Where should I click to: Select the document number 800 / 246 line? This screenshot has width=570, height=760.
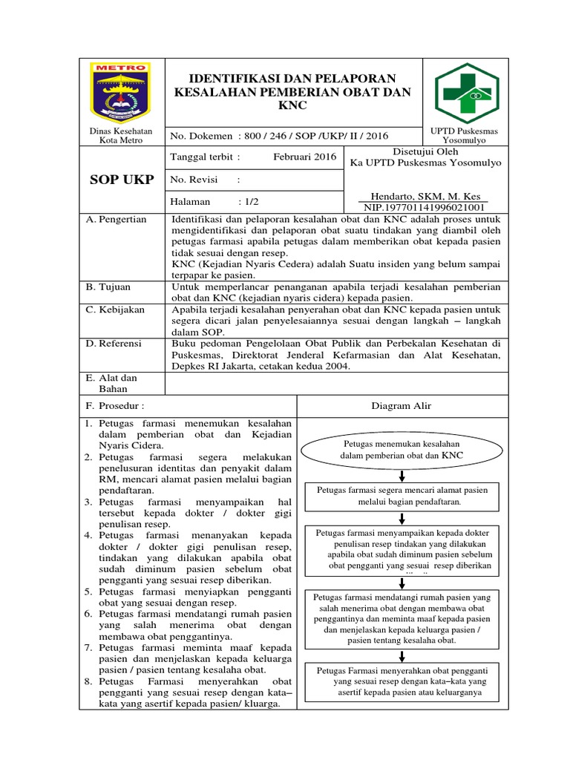(278, 135)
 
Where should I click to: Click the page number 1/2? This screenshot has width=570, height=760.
(249, 201)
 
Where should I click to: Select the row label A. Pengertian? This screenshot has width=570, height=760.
(117, 220)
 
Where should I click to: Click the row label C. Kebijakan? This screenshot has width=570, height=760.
(116, 309)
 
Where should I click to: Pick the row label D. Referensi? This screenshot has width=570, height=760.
(115, 344)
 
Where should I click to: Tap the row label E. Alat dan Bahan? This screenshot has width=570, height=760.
(111, 383)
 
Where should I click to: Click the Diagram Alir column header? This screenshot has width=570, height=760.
(402, 406)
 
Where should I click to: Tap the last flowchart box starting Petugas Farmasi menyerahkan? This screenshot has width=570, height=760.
(402, 681)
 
